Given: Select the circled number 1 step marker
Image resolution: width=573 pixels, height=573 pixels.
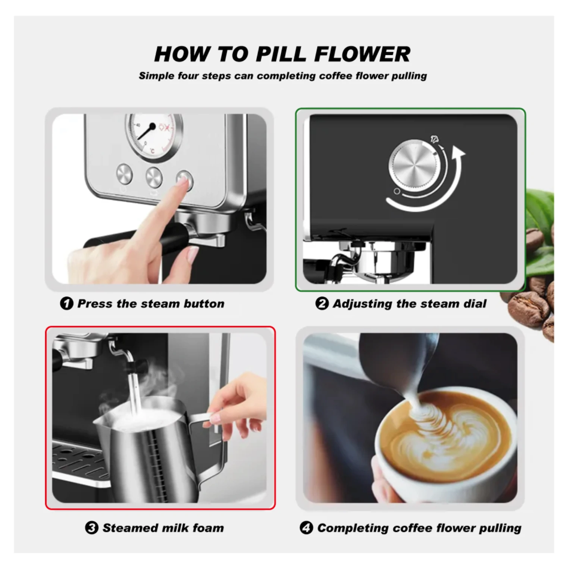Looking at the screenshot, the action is coord(66,303).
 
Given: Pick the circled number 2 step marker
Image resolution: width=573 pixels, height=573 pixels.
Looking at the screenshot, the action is coord(322,303).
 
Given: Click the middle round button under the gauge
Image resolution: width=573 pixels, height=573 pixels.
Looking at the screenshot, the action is coord(154,177).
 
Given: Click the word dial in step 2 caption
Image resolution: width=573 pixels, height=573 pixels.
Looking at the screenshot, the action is coord(475,304).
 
